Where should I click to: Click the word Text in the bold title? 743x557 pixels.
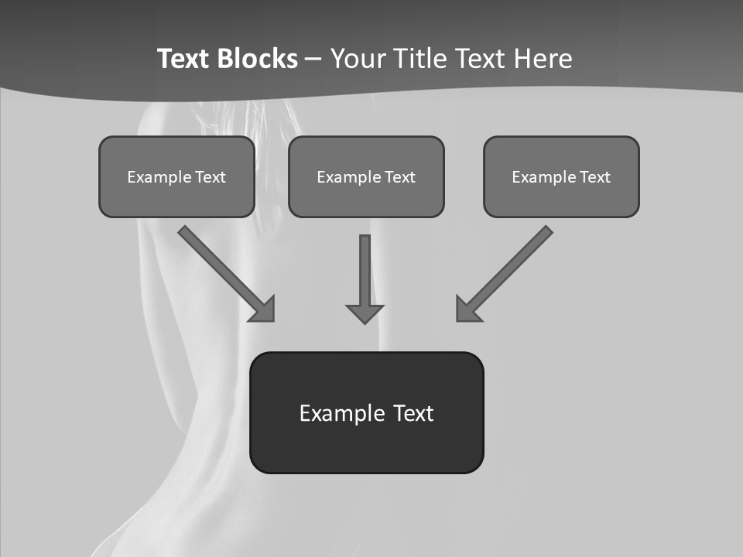(x=184, y=59)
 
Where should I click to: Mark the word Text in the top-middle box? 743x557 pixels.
(x=400, y=177)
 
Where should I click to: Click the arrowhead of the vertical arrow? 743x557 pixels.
(x=365, y=313)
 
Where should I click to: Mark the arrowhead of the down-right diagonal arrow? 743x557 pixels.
(x=264, y=310)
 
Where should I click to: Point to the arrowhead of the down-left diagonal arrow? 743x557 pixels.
(x=467, y=309)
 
